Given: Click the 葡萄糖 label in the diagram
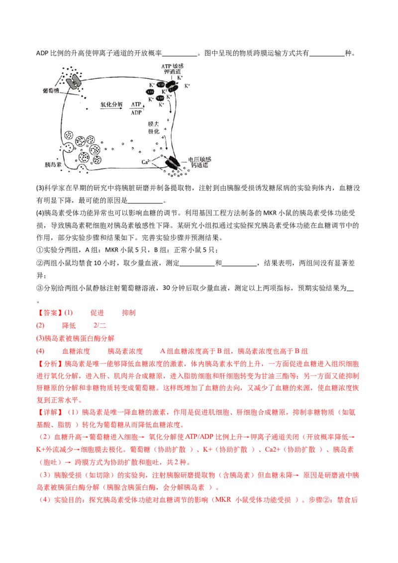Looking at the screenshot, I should (x=51, y=92).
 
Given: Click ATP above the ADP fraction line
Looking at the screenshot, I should (x=136, y=104).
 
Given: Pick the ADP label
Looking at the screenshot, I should (x=136, y=112).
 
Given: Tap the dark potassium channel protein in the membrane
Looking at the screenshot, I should (x=172, y=87).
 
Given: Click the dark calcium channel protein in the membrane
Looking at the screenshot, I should (x=174, y=163).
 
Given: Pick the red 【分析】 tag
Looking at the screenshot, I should (x=48, y=363).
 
